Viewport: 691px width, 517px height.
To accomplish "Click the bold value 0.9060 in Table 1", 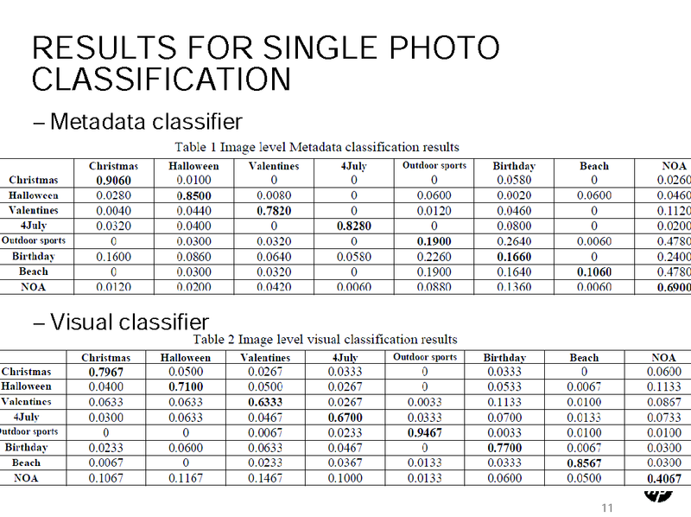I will click(114, 181).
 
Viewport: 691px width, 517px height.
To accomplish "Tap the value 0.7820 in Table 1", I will click(274, 211).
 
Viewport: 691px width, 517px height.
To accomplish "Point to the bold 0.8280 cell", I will click(353, 226).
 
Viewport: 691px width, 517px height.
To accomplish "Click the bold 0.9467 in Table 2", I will click(425, 432).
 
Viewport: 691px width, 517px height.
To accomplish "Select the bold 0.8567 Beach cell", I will click(584, 463).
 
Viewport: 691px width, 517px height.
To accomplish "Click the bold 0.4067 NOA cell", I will click(663, 478).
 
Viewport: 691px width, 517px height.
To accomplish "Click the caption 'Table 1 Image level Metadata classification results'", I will click(317, 146).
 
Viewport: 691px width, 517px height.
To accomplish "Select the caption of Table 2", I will click(324, 339).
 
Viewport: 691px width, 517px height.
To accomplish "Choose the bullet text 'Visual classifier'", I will click(129, 322).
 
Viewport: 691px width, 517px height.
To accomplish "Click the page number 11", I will click(606, 507).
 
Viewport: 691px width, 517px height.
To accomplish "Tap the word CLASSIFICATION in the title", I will click(162, 80).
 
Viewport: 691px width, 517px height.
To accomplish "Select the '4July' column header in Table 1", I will click(353, 166).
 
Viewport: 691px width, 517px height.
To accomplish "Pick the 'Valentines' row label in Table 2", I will click(27, 402).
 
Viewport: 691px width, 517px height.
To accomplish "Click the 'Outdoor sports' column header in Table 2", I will click(425, 357).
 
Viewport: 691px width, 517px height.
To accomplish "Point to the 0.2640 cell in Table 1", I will click(514, 241).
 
